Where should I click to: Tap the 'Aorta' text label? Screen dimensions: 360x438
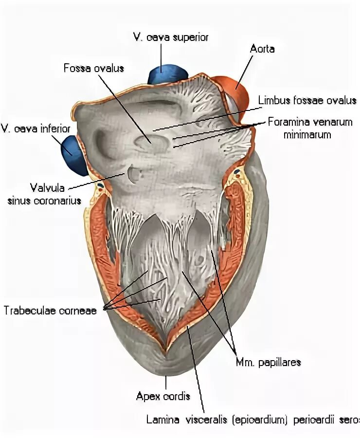tap(262, 49)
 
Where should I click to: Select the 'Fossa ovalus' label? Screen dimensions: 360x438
tap(93, 68)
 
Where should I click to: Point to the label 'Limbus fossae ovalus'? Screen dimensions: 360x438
tap(307, 101)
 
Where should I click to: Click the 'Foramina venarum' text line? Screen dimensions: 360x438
tap(310, 122)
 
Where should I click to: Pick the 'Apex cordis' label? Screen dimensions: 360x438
tap(162, 396)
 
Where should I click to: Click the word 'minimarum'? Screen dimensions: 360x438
tap(307, 134)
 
